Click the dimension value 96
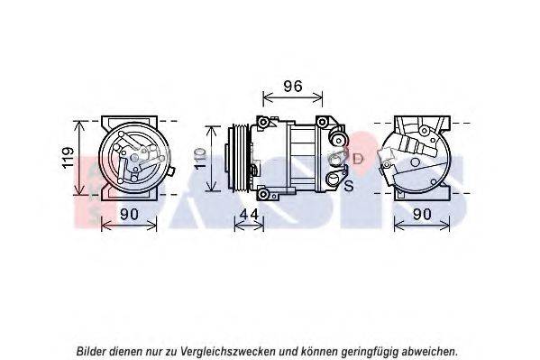(293, 87)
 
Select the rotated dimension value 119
(68, 158)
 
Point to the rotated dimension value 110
(200, 158)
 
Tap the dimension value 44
(249, 215)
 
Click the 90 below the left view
(129, 215)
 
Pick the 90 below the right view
(422, 215)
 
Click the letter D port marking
(358, 159)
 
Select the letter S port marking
(349, 186)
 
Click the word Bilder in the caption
(91, 351)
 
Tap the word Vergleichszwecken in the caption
(227, 351)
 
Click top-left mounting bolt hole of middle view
(263, 122)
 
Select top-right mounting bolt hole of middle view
(322, 122)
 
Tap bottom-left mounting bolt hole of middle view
(263, 194)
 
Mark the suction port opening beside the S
(334, 180)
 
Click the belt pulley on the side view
(241, 158)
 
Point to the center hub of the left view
(134, 158)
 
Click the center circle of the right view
(415, 162)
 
